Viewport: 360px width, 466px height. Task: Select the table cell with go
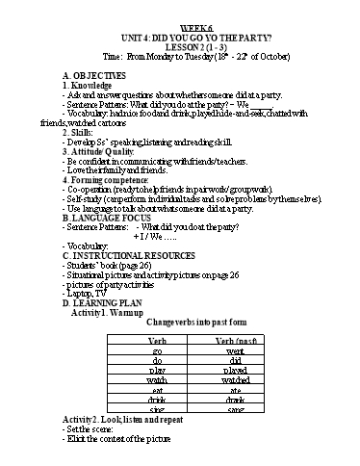tap(155, 353)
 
